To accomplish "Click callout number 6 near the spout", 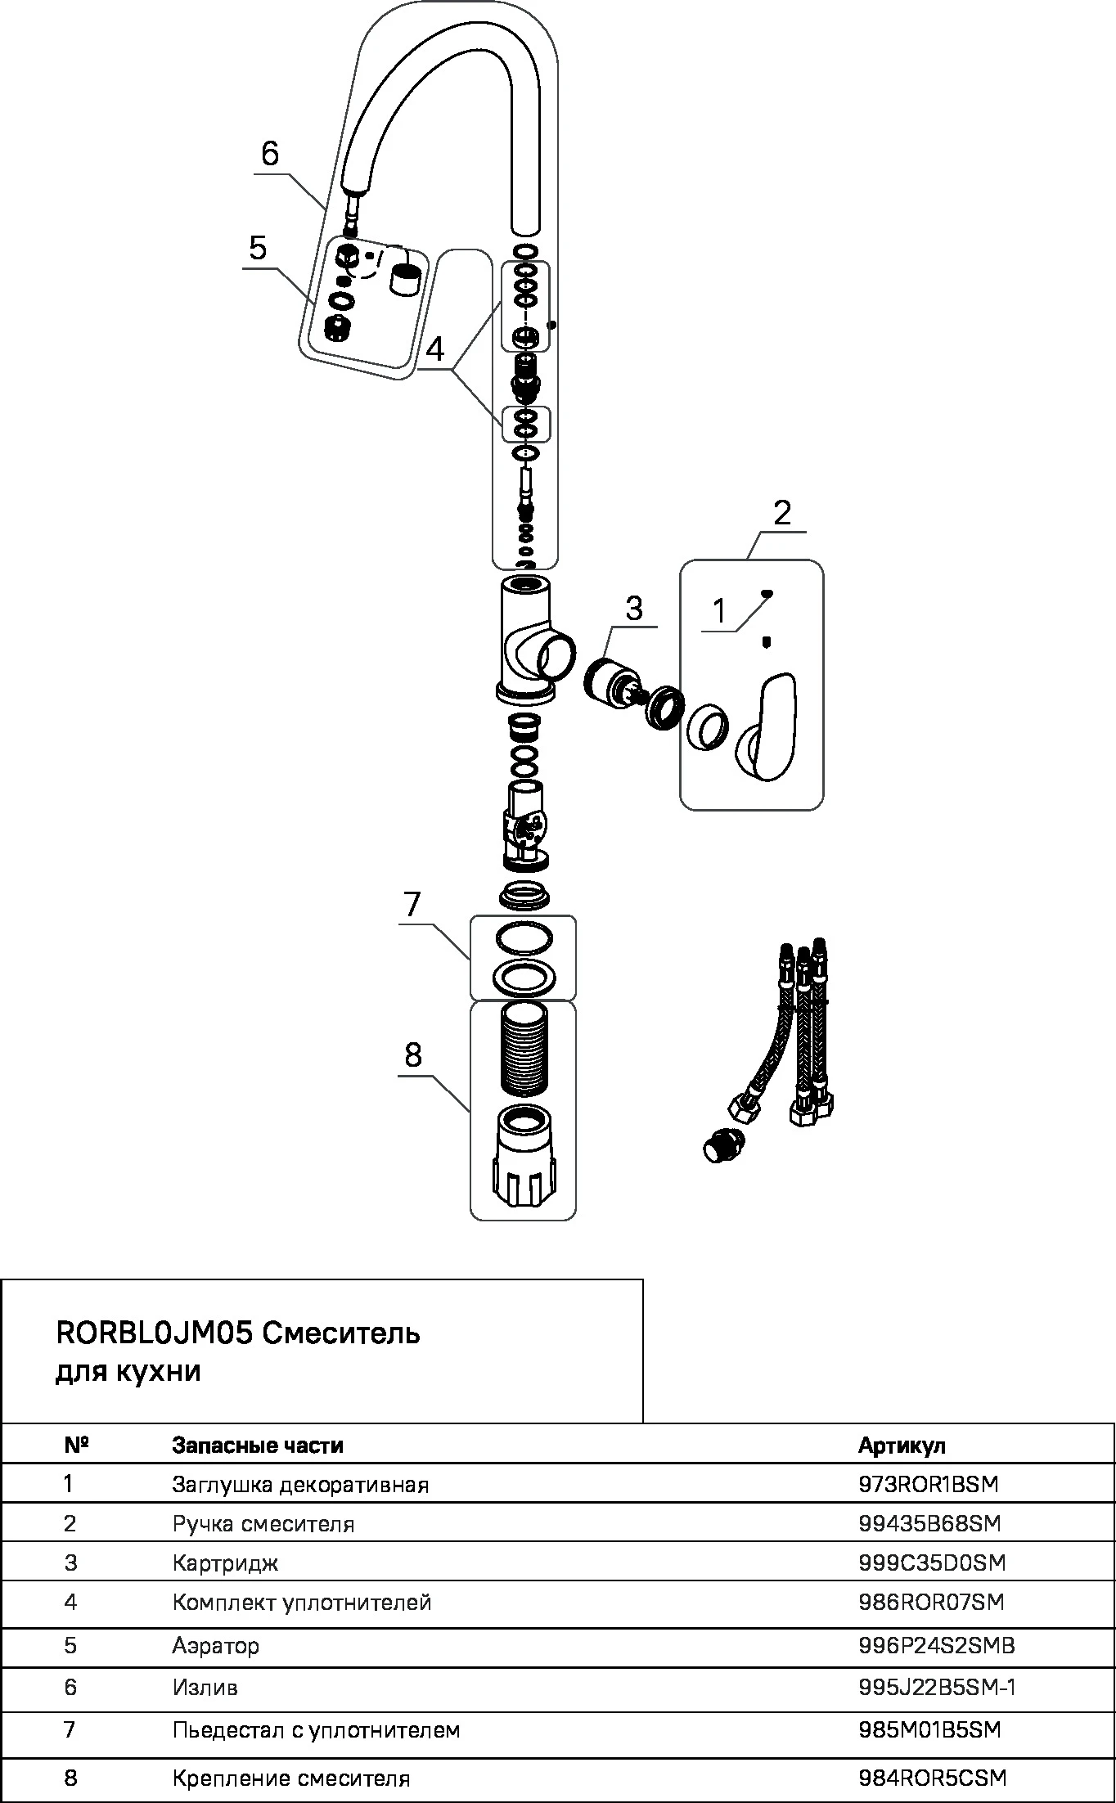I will [x=270, y=154].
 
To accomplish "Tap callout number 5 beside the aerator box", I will [x=259, y=248].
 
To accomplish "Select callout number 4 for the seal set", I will [x=434, y=350].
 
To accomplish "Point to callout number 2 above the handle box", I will [x=782, y=514].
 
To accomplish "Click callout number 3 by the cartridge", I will [x=634, y=609].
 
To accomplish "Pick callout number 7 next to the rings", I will [x=411, y=905].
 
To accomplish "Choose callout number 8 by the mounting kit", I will [x=412, y=1056].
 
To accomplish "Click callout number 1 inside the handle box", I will [x=719, y=611].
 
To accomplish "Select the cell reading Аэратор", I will [x=215, y=1645].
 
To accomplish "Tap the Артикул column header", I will [x=902, y=1445].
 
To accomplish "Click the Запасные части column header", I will [x=257, y=1445].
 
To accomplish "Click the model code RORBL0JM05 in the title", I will [x=154, y=1333].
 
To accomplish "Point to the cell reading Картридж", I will [x=225, y=1562].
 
